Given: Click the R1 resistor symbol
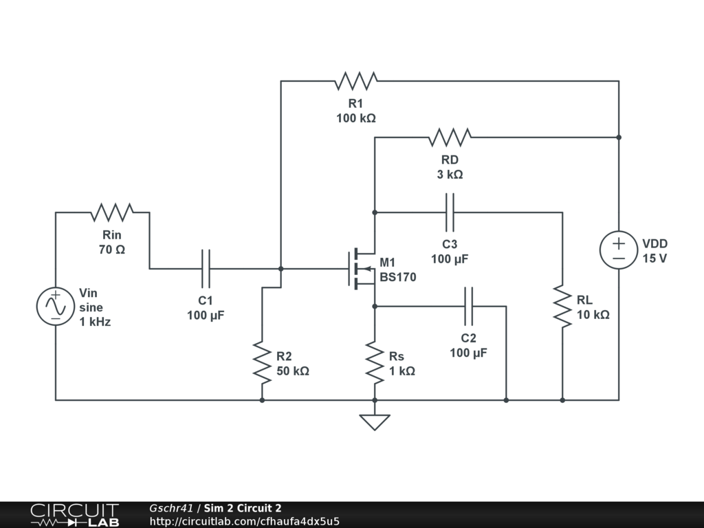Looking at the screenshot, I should (x=356, y=81).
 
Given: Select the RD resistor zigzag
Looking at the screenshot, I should (x=450, y=137).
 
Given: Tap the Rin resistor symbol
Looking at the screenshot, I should (x=112, y=212).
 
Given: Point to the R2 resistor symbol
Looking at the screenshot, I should (x=262, y=362).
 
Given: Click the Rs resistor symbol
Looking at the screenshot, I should (x=375, y=362).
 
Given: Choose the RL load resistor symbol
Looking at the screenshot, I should (x=562, y=307).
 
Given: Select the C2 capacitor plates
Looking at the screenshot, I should (x=468, y=306).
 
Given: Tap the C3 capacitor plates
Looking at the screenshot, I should (x=450, y=212).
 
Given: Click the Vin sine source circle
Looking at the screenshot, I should (x=56, y=306).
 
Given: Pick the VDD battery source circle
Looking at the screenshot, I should (x=618, y=250).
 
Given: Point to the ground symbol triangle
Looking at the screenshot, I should (x=375, y=421).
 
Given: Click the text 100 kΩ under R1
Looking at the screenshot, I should (x=355, y=118).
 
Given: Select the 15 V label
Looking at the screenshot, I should (x=654, y=258).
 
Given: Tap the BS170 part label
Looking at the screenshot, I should (x=397, y=277).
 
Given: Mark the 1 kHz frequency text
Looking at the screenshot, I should (x=95, y=321).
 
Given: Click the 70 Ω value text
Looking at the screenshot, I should (x=112, y=250).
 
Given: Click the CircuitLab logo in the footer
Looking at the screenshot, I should (x=74, y=515).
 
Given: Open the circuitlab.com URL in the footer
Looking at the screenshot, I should (x=244, y=521).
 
